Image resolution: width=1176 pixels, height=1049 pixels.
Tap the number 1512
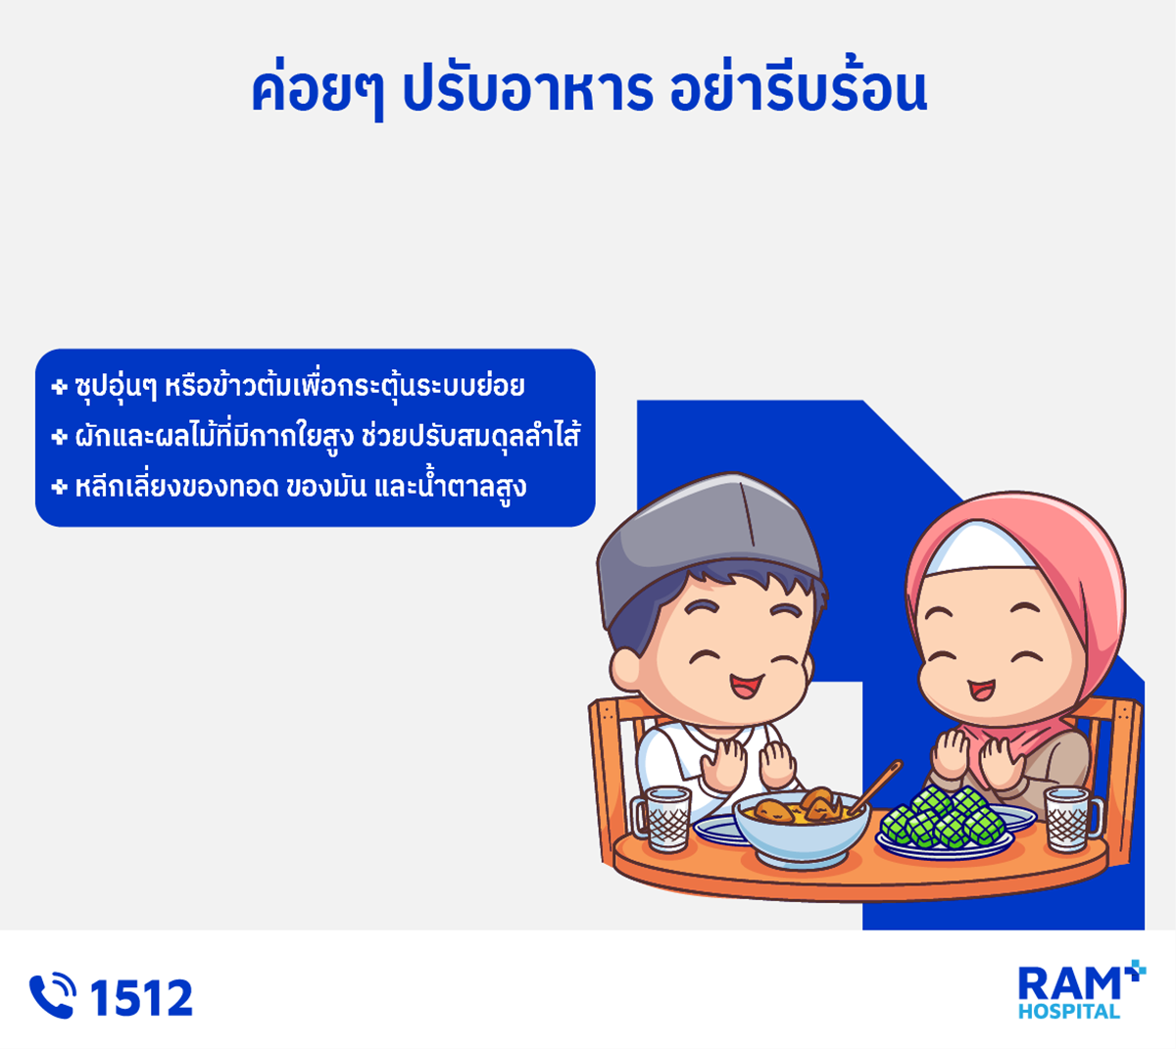[141, 998]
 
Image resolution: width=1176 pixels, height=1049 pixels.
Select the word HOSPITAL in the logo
[1068, 1012]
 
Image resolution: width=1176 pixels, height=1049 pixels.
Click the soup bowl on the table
[801, 829]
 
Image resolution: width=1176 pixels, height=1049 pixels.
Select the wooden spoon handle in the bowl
[876, 787]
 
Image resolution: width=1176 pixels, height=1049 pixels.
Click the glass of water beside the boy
[662, 818]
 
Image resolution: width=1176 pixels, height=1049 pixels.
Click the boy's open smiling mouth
[747, 687]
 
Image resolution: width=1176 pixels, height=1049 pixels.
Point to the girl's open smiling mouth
[981, 690]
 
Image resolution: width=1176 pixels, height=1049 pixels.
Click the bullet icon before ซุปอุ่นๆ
[59, 387]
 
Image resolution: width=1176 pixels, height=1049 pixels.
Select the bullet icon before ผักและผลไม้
[59, 436]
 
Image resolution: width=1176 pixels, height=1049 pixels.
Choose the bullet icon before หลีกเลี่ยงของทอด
[59, 486]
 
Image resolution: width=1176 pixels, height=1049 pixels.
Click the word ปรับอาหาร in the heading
[527, 92]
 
